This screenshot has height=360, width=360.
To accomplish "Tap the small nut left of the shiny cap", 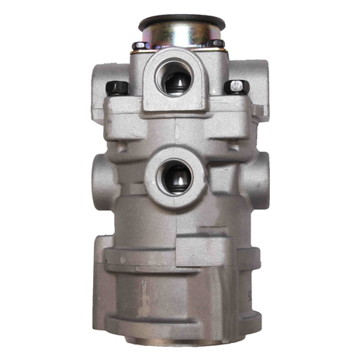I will [138, 46].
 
